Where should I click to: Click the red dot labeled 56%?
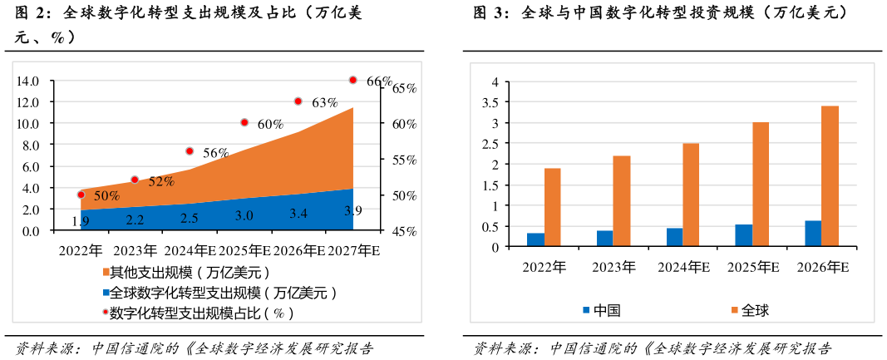click(190, 151)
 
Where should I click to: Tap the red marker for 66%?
click(352, 80)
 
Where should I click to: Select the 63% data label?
click(324, 103)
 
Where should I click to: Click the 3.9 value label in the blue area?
click(352, 210)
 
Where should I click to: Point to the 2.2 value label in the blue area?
click(135, 219)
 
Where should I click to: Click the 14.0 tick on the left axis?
click(28, 81)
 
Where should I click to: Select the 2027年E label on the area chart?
click(353, 250)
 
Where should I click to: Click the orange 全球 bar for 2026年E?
click(830, 176)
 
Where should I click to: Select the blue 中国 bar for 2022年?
click(536, 239)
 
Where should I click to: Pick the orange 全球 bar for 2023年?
click(622, 201)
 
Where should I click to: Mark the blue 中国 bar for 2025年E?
click(744, 235)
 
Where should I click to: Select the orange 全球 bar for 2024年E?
click(691, 195)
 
